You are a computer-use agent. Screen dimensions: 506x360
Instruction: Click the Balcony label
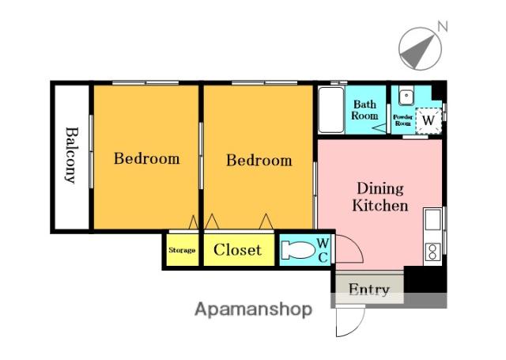[x=72, y=155]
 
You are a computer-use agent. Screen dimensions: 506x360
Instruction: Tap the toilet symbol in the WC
[x=298, y=250]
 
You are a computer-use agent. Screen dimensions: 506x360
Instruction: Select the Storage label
[x=182, y=250]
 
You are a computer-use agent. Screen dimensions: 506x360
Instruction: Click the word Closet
[x=237, y=250]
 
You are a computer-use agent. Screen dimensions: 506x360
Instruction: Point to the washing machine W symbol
[x=429, y=121]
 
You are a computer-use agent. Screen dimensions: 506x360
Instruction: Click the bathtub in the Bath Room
[x=331, y=110]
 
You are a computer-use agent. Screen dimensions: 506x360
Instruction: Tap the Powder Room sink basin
[x=406, y=95]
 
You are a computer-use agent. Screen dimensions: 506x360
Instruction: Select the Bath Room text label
[x=364, y=110]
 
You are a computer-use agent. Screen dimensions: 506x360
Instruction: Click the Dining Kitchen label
[x=380, y=197]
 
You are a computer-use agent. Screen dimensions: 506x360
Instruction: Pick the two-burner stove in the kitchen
[x=432, y=252]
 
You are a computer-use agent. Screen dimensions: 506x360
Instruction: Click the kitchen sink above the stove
[x=432, y=219]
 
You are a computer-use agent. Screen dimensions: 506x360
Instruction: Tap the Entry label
[x=369, y=290]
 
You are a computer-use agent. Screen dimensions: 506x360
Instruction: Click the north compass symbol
[x=420, y=49]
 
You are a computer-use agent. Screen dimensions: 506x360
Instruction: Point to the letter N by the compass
[x=443, y=26]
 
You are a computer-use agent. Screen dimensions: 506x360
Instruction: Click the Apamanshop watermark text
[x=253, y=310]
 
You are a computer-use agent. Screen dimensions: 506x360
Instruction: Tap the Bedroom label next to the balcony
[x=147, y=158]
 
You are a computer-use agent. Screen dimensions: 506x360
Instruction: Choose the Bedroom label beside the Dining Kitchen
[x=259, y=161]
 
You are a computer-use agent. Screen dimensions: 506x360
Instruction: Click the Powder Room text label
[x=403, y=120]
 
